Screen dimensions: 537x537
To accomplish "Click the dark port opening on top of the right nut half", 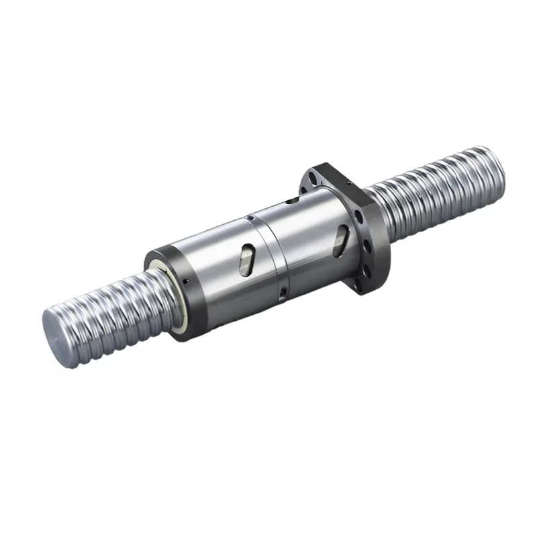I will point(290,200).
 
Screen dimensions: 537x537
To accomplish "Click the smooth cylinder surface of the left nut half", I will point(215,268).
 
